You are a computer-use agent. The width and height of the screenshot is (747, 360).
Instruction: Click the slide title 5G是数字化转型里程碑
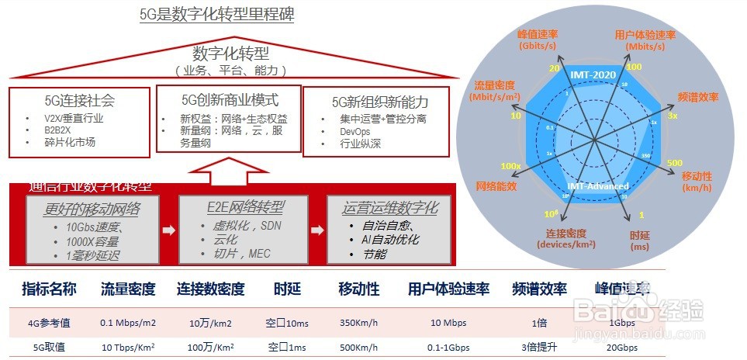216,14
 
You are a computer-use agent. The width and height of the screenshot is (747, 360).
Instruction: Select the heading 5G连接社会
79,101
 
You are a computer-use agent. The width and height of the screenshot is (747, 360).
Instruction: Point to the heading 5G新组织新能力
379,102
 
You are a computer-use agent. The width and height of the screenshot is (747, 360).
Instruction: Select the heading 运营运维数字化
390,207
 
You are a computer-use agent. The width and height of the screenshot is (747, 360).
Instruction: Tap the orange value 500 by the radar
675,163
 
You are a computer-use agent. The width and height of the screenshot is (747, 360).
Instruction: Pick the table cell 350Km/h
359,322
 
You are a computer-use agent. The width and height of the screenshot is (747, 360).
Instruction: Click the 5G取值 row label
49,348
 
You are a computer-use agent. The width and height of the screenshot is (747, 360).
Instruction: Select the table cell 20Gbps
621,348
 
